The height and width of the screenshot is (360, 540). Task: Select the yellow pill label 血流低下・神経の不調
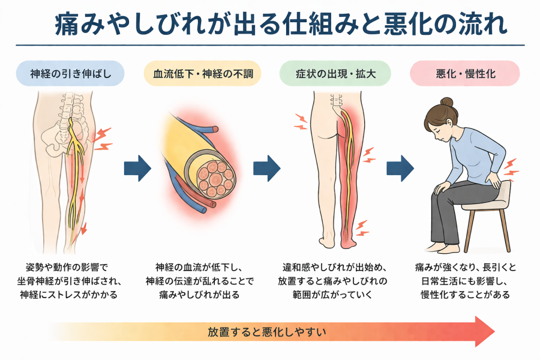coord(199,75)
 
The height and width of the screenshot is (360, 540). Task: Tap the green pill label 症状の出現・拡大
coord(335,75)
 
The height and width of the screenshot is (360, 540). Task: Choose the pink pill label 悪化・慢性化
coord(464,75)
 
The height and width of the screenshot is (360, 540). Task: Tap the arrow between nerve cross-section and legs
coord(266,168)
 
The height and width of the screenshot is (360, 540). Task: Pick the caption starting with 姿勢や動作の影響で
coord(70,280)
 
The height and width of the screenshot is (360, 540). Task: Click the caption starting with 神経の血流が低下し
coord(199,280)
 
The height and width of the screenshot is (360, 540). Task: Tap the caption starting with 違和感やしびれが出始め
coord(334,280)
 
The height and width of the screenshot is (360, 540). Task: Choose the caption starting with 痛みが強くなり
coord(465,280)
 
